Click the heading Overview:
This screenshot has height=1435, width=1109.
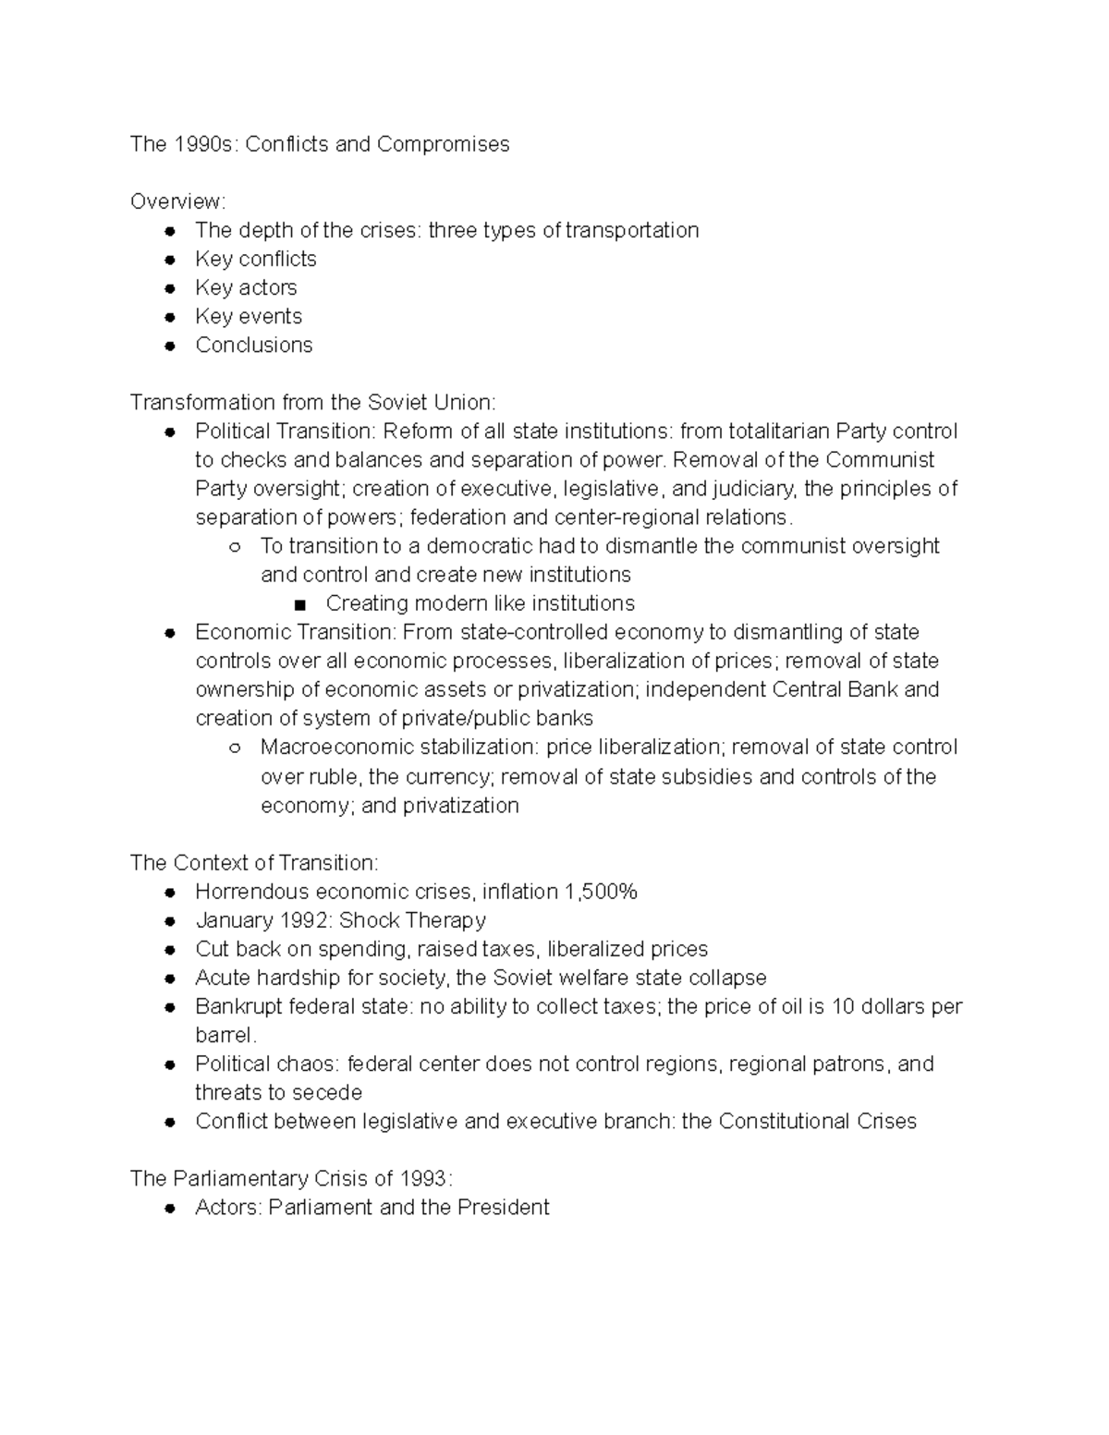[x=177, y=201]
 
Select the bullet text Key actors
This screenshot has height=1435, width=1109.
[x=246, y=287]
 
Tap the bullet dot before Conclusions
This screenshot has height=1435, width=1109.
[x=169, y=346]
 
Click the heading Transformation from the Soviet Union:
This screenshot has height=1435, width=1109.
[x=312, y=402]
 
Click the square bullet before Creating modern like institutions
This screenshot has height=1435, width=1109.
[x=298, y=604]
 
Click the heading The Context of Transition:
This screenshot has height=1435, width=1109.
[x=254, y=863]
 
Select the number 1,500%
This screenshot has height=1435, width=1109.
[x=601, y=892]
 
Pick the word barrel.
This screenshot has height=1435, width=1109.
[x=224, y=1035]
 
